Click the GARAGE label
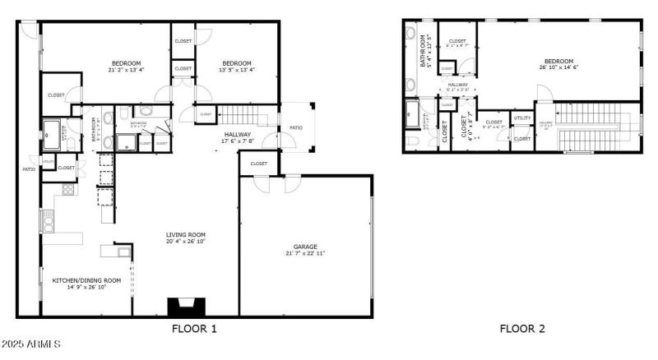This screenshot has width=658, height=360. tap(305, 247)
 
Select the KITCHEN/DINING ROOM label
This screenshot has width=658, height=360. tap(86, 280)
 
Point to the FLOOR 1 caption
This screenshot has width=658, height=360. tap(194, 329)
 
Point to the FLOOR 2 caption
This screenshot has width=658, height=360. tap(522, 329)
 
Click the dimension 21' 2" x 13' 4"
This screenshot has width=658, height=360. tap(126, 71)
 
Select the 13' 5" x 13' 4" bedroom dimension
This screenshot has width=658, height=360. tap(237, 71)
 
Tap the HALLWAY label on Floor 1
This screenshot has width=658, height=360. tap(237, 135)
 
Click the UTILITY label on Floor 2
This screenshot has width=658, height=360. tap(522, 118)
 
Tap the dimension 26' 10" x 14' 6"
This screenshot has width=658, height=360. tap(558, 67)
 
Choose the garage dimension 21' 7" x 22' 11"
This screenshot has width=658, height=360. tap(305, 253)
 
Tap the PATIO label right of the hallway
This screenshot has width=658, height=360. tap(294, 127)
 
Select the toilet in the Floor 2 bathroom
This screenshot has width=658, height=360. tap(412, 141)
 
